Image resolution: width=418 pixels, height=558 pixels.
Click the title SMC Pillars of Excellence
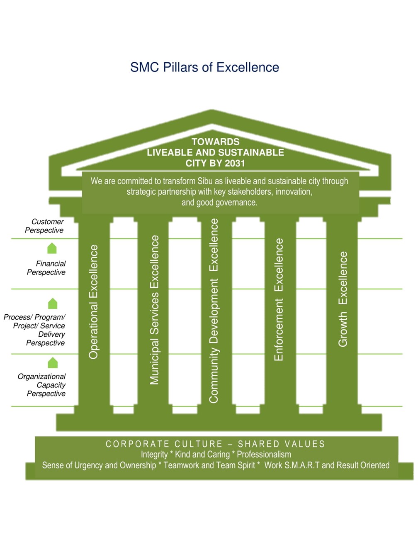[x=204, y=67]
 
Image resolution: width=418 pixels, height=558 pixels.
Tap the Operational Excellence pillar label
[x=93, y=302]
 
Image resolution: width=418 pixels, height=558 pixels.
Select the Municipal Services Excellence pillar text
[x=154, y=310]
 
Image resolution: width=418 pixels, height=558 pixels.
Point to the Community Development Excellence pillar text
[x=214, y=311]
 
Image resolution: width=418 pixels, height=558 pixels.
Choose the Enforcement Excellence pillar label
[x=279, y=299]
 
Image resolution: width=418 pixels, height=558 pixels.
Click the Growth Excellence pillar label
[x=343, y=299]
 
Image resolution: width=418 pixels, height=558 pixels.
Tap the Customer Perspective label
[x=44, y=226]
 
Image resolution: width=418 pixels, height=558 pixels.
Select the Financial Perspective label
[x=46, y=268]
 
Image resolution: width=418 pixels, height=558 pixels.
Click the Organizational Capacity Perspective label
[x=41, y=385]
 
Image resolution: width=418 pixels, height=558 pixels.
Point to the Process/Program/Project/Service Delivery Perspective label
[x=34, y=330]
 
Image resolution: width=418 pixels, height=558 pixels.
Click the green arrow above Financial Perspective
[x=52, y=248]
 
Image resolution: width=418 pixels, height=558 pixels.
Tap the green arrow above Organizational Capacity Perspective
[x=53, y=362]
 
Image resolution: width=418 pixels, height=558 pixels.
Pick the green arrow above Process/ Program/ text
[x=53, y=303]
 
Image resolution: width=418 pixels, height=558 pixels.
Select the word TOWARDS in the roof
[x=216, y=142]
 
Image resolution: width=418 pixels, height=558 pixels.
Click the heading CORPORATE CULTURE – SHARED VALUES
[x=215, y=444]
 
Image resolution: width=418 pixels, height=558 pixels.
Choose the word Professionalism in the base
[x=264, y=454]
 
